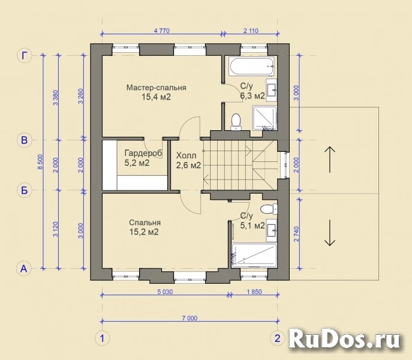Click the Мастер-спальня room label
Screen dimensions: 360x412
click(x=156, y=88)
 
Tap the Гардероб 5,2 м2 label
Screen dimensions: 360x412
click(x=143, y=154)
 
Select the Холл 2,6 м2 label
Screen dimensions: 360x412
click(x=188, y=160)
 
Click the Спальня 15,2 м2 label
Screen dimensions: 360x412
click(x=144, y=223)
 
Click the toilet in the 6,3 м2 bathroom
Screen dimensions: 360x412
click(x=236, y=121)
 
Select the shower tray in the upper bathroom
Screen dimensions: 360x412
click(x=264, y=118)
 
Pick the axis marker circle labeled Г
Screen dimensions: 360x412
click(x=25, y=56)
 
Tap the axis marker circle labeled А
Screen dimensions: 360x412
click(x=25, y=268)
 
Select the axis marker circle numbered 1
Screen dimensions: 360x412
click(x=103, y=338)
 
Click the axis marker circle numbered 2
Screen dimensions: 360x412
click(x=277, y=338)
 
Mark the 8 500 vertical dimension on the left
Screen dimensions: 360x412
click(x=41, y=162)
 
